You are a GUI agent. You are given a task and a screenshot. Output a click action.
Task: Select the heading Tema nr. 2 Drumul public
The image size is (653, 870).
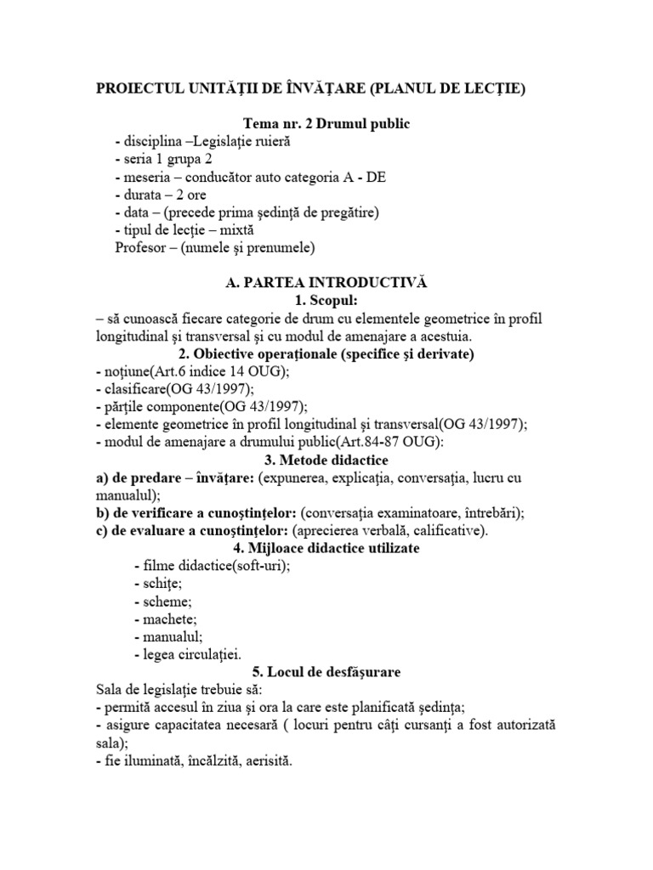coord(326,124)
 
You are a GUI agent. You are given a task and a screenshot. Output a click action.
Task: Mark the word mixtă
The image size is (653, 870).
coord(235,230)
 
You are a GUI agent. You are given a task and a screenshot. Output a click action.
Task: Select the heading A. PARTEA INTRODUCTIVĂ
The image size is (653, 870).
coord(326,283)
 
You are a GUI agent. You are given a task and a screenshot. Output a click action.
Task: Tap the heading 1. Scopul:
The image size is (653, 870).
coord(326,301)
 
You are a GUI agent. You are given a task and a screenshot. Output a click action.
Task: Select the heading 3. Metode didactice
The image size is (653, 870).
coord(326,460)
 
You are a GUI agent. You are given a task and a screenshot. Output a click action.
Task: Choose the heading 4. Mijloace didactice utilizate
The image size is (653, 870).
coord(326,549)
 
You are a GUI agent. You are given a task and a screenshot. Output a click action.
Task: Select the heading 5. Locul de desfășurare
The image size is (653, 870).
coord(326,672)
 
